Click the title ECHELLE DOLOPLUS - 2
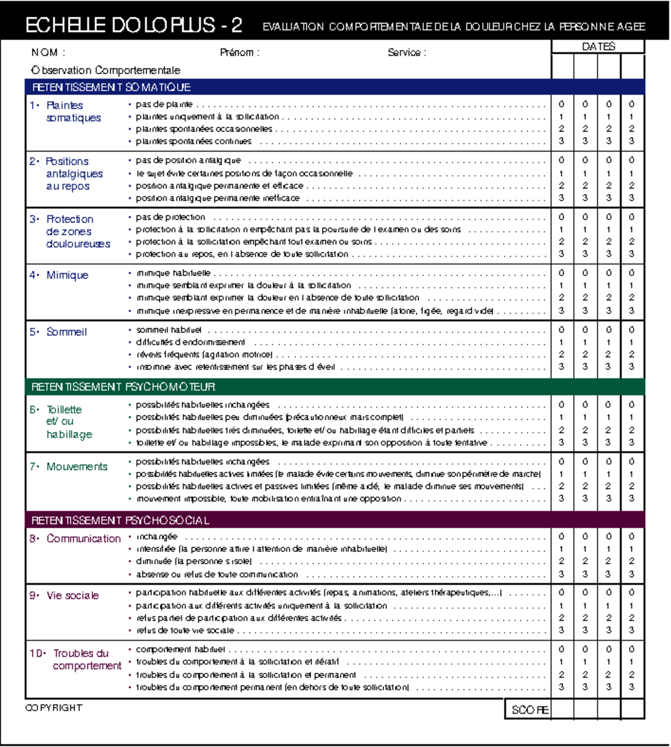(x=134, y=25)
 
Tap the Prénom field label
(x=239, y=53)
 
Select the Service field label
(x=407, y=53)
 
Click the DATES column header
(x=598, y=46)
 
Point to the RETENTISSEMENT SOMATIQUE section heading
(x=111, y=87)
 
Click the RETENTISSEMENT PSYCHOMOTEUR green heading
(x=123, y=387)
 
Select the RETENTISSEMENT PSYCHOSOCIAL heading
(x=120, y=521)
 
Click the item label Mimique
(x=67, y=275)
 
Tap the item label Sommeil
(x=67, y=332)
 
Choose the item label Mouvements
(x=77, y=466)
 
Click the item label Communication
(x=83, y=538)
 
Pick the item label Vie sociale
(x=73, y=595)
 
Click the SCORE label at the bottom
(x=529, y=710)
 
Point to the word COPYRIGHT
(x=54, y=708)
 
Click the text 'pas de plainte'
(x=164, y=104)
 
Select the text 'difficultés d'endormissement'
(x=190, y=342)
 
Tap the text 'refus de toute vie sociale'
(x=185, y=630)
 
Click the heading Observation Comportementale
(x=106, y=70)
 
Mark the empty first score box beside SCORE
(x=562, y=709)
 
